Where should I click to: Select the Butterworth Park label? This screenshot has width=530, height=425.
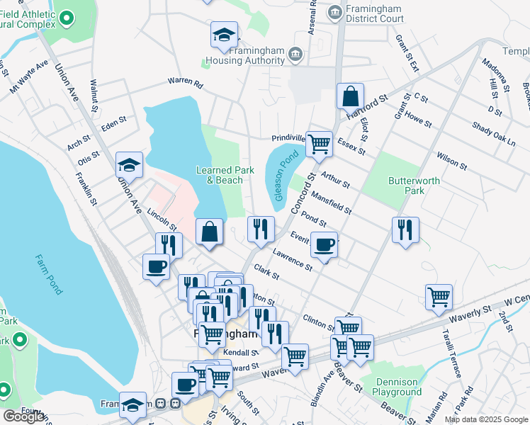pyautogui.click(x=415, y=186)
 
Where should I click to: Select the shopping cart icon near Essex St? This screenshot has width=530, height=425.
pyautogui.click(x=320, y=144)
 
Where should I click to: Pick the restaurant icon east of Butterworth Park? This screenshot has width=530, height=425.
pyautogui.click(x=406, y=229)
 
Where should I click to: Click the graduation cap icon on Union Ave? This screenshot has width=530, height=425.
pyautogui.click(x=130, y=165)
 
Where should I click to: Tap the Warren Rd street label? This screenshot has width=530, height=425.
pyautogui.click(x=185, y=83)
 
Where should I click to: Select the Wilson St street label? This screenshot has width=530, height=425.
pyautogui.click(x=451, y=161)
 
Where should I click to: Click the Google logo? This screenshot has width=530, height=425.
pyautogui.click(x=23, y=416)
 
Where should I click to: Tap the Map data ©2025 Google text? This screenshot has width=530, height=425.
pyautogui.click(x=487, y=419)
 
